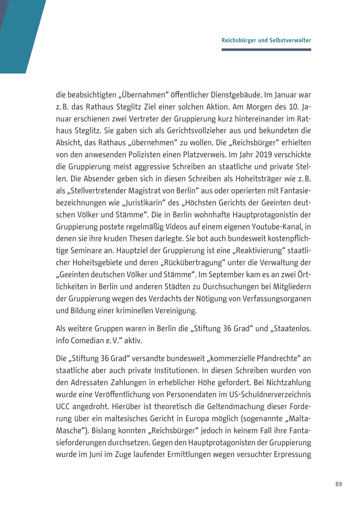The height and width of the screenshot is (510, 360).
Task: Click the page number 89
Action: click(338, 484)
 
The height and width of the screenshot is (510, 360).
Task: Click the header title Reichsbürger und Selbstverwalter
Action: click(266, 40)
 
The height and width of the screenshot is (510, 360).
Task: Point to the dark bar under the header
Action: click(266, 50)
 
